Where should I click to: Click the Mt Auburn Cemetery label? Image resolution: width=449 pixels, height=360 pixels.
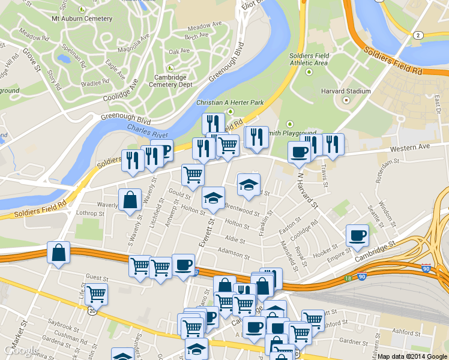coord(82,19)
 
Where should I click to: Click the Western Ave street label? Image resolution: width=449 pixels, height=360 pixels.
coord(410,147)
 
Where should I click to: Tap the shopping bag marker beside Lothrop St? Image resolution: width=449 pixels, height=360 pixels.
coord(130,201)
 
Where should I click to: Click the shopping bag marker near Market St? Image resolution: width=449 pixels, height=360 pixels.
coord(58,253)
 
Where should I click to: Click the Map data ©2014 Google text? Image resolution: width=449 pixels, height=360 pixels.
coord(412,356)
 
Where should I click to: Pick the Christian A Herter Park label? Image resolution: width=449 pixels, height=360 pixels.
coord(231,103)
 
